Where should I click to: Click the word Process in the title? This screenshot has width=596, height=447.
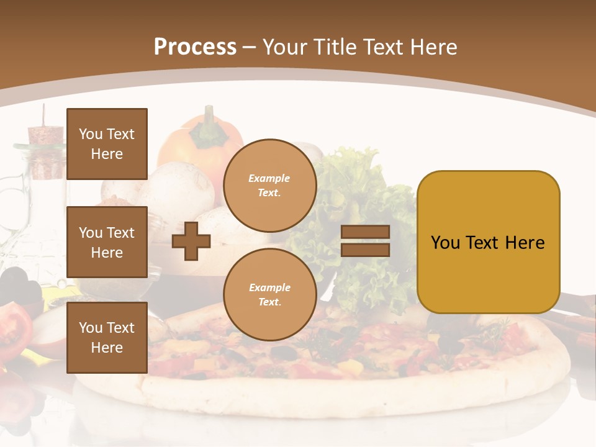195,47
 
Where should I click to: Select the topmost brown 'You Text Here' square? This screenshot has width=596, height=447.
107,144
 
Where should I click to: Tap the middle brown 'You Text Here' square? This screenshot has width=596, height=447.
107,242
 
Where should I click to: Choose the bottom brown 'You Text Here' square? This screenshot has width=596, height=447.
107,337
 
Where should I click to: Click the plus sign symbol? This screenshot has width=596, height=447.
191,241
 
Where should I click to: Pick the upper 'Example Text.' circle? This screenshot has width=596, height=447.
269,185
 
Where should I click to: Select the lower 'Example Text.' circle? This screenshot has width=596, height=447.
269,294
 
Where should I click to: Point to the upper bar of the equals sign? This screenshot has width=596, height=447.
365,232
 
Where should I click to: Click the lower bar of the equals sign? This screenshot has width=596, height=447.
365,250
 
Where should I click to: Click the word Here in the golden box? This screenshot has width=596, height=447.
525,243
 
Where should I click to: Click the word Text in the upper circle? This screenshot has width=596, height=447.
269,192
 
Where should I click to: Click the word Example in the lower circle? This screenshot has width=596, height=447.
269,287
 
